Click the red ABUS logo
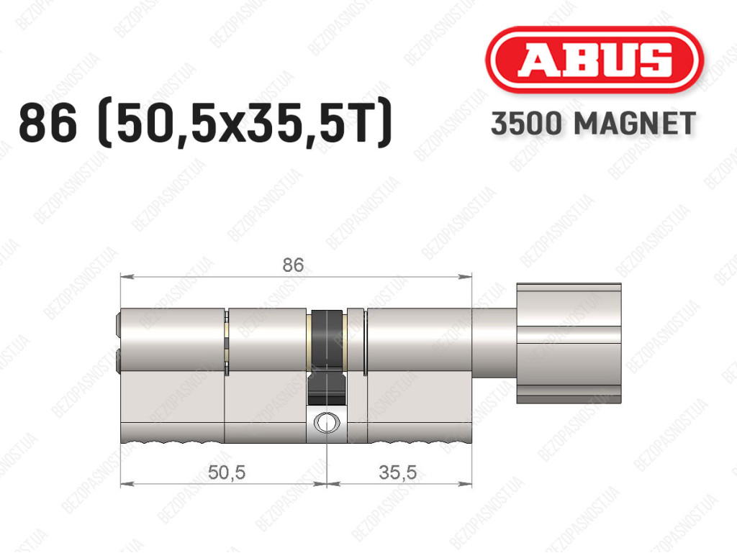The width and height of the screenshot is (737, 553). (x=594, y=59)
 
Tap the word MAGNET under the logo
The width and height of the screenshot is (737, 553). (x=635, y=124)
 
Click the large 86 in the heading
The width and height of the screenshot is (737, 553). (x=48, y=124)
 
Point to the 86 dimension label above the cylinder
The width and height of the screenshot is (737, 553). (x=293, y=265)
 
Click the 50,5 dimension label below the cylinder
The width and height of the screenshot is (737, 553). (x=227, y=472)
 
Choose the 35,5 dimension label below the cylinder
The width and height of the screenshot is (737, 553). (x=397, y=472)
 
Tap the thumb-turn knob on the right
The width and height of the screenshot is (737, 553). (x=569, y=343)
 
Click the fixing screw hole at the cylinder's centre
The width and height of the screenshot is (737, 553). (x=326, y=421)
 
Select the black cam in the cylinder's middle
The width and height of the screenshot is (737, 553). (x=326, y=357)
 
